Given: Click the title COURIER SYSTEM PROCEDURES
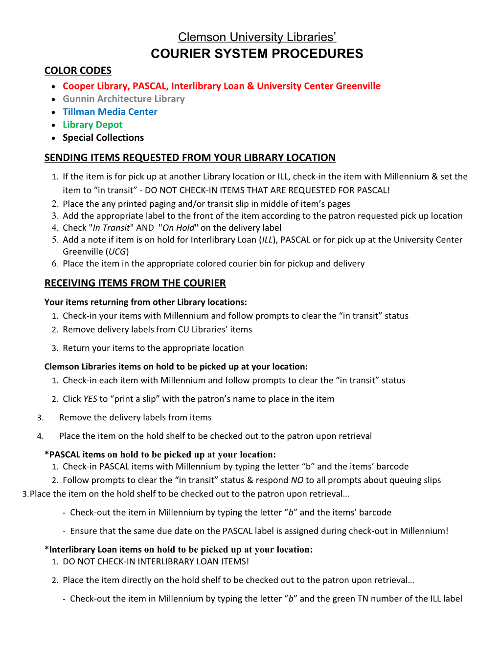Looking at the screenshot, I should (x=257, y=54).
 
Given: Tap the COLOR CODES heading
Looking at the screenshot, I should (x=78, y=71).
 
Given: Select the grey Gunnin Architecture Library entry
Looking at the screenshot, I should (x=124, y=99).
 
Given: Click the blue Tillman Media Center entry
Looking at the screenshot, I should (x=110, y=112).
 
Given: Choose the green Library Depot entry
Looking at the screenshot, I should (x=92, y=125).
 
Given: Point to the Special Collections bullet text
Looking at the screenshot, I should (x=103, y=138).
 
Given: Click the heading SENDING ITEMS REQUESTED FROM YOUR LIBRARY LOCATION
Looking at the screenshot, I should (x=190, y=157).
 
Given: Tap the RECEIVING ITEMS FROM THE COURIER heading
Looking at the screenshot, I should (x=135, y=283).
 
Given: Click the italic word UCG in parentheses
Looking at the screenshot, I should (x=117, y=252).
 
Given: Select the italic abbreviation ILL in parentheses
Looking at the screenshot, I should (x=268, y=240).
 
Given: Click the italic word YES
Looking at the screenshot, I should (x=90, y=399).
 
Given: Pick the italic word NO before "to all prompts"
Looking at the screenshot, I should (x=297, y=480).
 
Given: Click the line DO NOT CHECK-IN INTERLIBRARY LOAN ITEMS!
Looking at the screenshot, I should (x=156, y=561).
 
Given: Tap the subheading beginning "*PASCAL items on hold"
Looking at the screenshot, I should (x=160, y=454).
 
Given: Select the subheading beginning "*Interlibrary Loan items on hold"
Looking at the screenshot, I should (x=179, y=549).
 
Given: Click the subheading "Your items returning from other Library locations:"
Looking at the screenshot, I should (x=145, y=302).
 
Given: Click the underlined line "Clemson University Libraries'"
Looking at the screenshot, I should (x=257, y=37).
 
